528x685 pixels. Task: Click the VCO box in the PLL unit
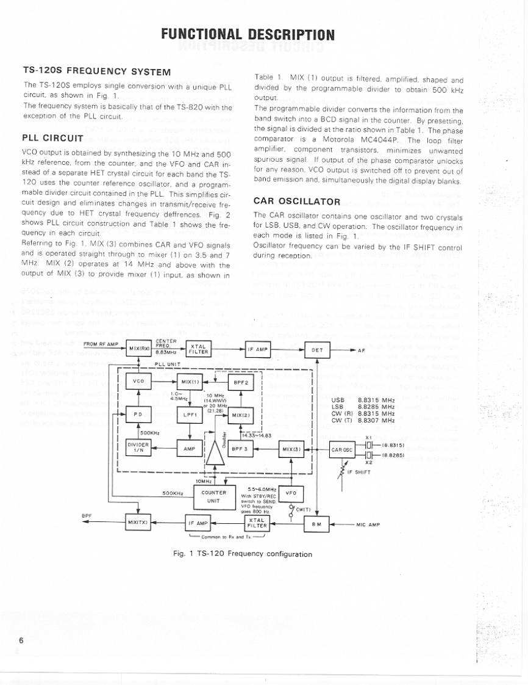click(138, 382)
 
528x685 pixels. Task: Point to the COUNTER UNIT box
click(213, 496)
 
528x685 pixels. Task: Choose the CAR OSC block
click(341, 451)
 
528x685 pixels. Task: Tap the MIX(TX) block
click(138, 523)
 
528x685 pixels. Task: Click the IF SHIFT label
click(360, 472)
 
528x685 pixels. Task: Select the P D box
click(138, 415)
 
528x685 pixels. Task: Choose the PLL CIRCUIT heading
click(52, 137)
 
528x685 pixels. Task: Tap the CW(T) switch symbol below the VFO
click(291, 511)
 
